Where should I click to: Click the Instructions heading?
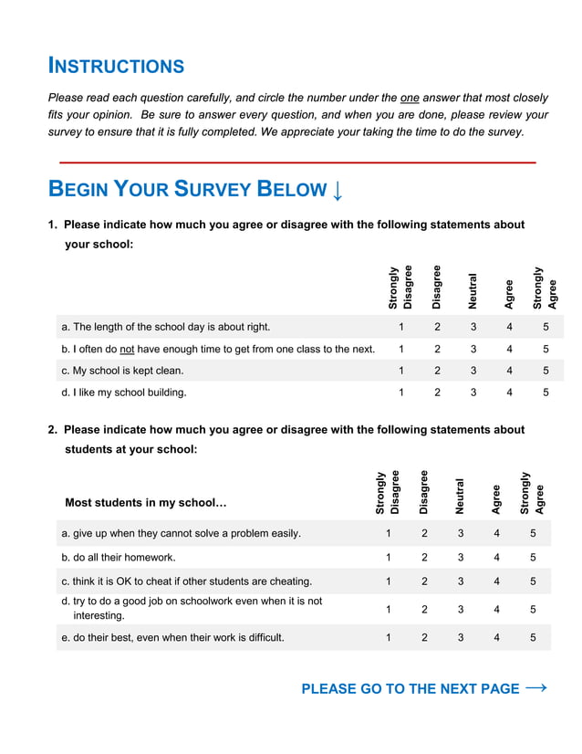pyautogui.click(x=116, y=66)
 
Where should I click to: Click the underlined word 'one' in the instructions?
pyautogui.click(x=410, y=98)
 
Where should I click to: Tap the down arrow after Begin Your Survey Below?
pyautogui.click(x=338, y=190)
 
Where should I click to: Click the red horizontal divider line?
pyautogui.click(x=297, y=162)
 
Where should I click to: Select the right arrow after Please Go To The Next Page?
pyautogui.click(x=536, y=688)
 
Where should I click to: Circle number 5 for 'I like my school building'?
pyautogui.click(x=546, y=393)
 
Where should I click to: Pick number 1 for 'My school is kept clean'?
pyautogui.click(x=400, y=371)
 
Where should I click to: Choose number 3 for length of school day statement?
pyautogui.click(x=473, y=326)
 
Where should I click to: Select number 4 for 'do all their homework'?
pyautogui.click(x=496, y=557)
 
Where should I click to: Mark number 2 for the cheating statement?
pyautogui.click(x=424, y=581)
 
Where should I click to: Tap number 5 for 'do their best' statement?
pyautogui.click(x=533, y=638)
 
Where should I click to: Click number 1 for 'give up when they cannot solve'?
pyautogui.click(x=388, y=533)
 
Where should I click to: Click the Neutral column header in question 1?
pyautogui.click(x=473, y=290)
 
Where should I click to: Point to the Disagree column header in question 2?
pyautogui.click(x=424, y=492)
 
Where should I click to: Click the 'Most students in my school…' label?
pyautogui.click(x=146, y=503)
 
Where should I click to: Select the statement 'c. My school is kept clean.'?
pyautogui.click(x=122, y=371)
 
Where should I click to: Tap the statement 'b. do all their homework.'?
pyautogui.click(x=119, y=557)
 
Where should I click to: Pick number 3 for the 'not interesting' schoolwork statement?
pyautogui.click(x=461, y=609)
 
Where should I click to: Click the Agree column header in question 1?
pyautogui.click(x=509, y=294)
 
